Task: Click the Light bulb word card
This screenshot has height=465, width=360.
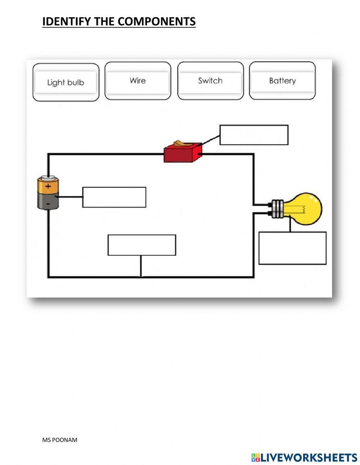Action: (66, 82)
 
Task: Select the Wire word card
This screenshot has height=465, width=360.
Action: (138, 81)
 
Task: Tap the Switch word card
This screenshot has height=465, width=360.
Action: (210, 81)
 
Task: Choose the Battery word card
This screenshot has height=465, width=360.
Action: (282, 81)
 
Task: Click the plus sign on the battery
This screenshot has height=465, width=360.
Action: (48, 187)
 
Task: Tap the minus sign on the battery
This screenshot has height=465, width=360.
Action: (48, 204)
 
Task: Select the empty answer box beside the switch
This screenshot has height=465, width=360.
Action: (254, 135)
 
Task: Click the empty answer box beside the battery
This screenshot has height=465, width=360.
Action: (114, 197)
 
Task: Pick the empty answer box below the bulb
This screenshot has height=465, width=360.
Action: (292, 248)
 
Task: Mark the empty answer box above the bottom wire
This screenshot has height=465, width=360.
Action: (142, 245)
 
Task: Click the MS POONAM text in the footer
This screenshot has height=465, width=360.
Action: (60, 440)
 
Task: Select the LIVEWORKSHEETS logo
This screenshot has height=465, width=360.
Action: (304, 457)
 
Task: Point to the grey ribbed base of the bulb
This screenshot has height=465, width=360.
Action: (278, 209)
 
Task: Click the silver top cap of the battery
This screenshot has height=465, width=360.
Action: (48, 178)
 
